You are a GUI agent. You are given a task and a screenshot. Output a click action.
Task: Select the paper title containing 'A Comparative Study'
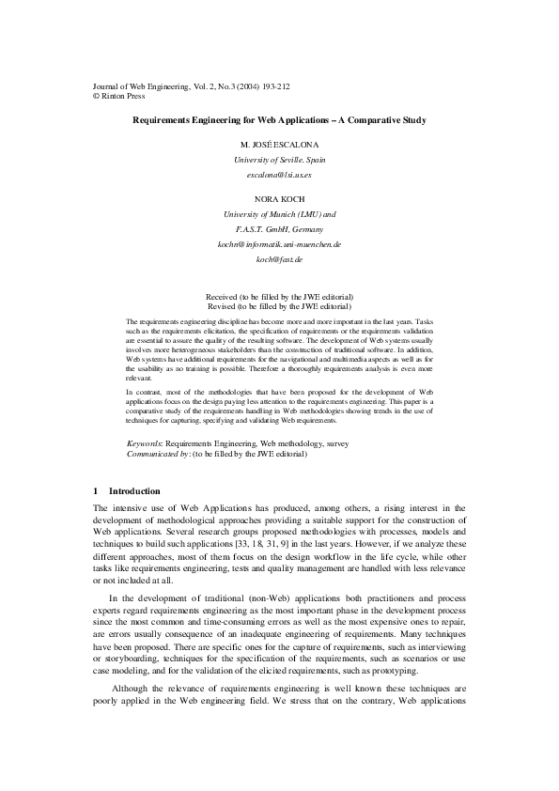(279, 120)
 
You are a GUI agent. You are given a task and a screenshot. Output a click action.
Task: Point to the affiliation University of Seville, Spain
(279, 161)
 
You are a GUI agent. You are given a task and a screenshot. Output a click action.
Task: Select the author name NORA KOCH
(279, 200)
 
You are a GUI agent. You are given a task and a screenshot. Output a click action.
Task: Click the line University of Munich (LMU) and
(279, 215)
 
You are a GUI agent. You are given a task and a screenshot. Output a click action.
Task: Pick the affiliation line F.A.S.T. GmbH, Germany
(279, 229)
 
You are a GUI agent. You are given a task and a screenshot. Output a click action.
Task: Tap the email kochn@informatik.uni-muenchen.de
(279, 244)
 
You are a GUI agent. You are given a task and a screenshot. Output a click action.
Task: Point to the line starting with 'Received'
(279, 296)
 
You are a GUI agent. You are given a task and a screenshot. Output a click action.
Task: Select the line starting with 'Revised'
(279, 306)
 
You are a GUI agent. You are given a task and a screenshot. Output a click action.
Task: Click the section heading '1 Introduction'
(128, 491)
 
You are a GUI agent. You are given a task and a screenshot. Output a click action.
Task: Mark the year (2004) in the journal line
(239, 85)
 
